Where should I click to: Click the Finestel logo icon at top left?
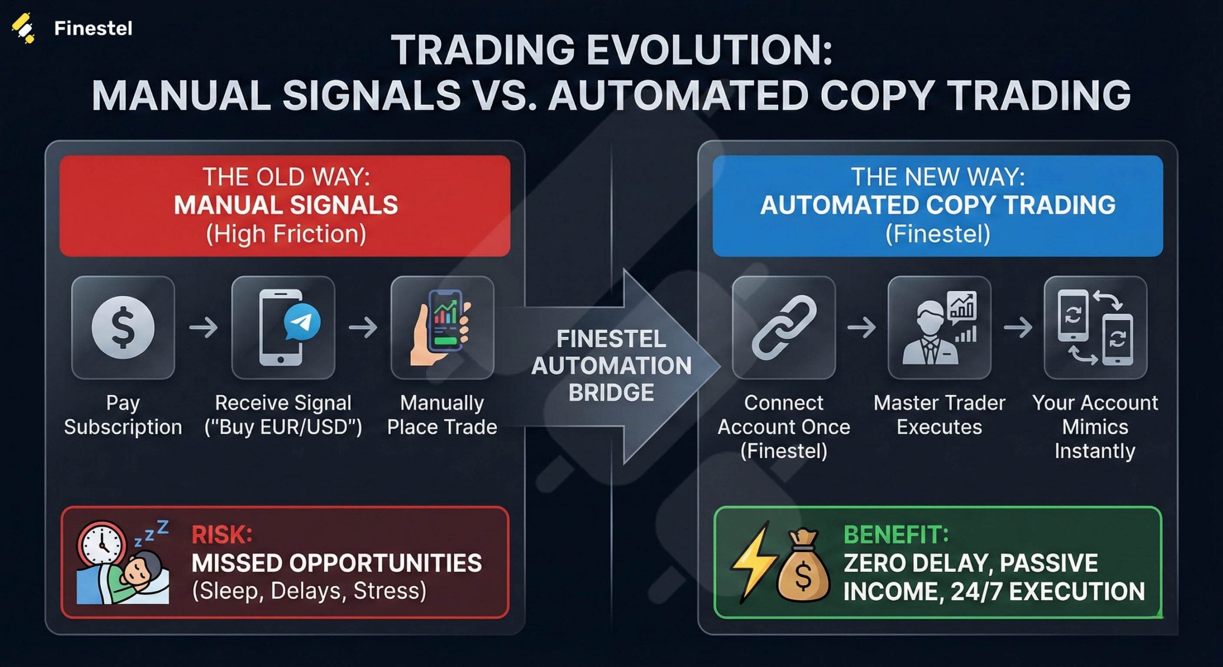(23, 28)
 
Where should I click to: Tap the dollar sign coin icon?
(123, 327)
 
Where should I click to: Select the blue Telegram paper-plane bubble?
(302, 322)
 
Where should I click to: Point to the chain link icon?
(783, 327)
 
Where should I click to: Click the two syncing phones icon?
(1095, 327)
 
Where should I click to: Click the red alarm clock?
(101, 544)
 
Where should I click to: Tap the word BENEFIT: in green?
(896, 535)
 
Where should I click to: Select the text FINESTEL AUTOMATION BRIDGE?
(611, 366)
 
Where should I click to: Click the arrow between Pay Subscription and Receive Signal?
(204, 328)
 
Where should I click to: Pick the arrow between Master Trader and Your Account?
(1018, 328)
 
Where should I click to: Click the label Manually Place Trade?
(442, 415)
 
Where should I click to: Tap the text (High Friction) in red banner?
(286, 234)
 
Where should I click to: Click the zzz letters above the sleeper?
(152, 533)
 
